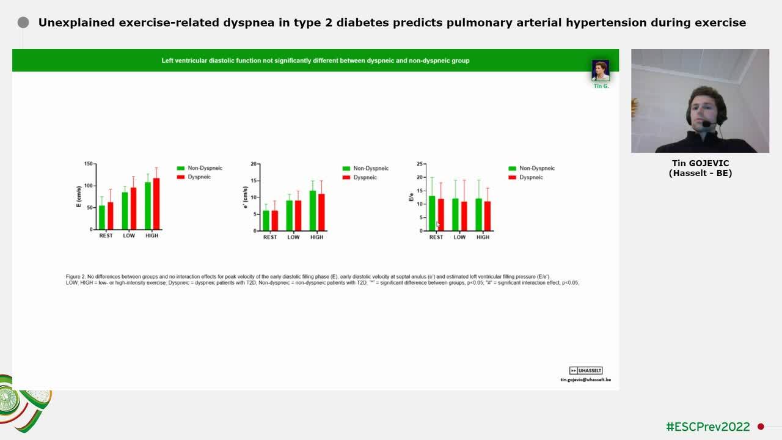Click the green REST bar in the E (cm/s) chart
coord(102,218)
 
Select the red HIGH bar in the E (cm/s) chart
coord(156,204)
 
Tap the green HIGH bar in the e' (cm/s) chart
coord(313,211)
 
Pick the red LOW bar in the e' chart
coord(298,216)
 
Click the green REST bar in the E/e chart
coord(432,213)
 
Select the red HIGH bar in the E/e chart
coord(487,216)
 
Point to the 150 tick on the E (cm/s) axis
coord(88,164)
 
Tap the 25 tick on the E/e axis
coord(420,164)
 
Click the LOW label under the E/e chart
coord(459,237)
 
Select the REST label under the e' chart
coord(270,237)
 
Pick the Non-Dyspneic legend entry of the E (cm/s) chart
coord(205,168)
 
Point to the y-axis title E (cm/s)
coord(79,197)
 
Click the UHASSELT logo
coord(586,370)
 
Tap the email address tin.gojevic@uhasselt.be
coord(585,380)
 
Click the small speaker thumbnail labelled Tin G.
coord(601,70)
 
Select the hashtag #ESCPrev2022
coord(707,427)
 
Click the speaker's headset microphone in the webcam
coord(707,125)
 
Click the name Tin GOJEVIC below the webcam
coord(700,163)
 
